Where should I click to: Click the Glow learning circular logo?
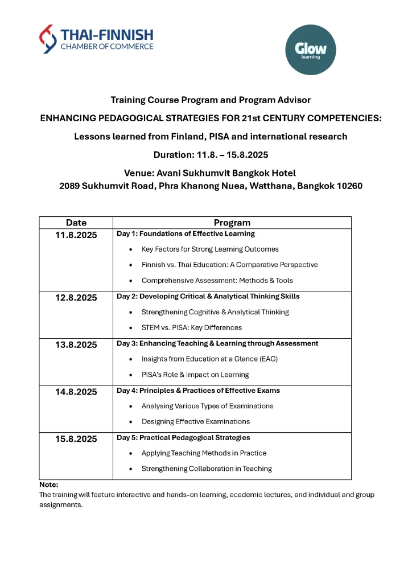pyautogui.click(x=310, y=50)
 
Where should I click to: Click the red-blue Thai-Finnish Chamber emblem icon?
pyautogui.click(x=48, y=39)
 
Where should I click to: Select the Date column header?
pyautogui.click(x=76, y=223)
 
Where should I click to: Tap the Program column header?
pyautogui.click(x=232, y=223)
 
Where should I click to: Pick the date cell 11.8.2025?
pyautogui.click(x=76, y=235)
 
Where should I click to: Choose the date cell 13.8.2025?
pyautogui.click(x=76, y=344)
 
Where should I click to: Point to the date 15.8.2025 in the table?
pyautogui.click(x=76, y=439)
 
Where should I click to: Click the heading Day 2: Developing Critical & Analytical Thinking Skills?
pyautogui.click(x=208, y=296)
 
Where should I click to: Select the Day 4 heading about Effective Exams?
pyautogui.click(x=198, y=391)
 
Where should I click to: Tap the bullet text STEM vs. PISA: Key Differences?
pyautogui.click(x=191, y=327)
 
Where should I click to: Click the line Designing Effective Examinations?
pyautogui.click(x=195, y=422)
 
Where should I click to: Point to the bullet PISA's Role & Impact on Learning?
pyautogui.click(x=195, y=375)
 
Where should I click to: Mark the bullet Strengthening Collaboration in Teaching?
pyautogui.click(x=207, y=469)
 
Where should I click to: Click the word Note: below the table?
pyautogui.click(x=49, y=485)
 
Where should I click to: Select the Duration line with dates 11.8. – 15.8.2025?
pyautogui.click(x=211, y=155)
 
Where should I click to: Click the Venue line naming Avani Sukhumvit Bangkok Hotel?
pyautogui.click(x=209, y=173)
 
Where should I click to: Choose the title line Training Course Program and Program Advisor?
pyautogui.click(x=211, y=100)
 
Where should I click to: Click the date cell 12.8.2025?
pyautogui.click(x=76, y=297)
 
